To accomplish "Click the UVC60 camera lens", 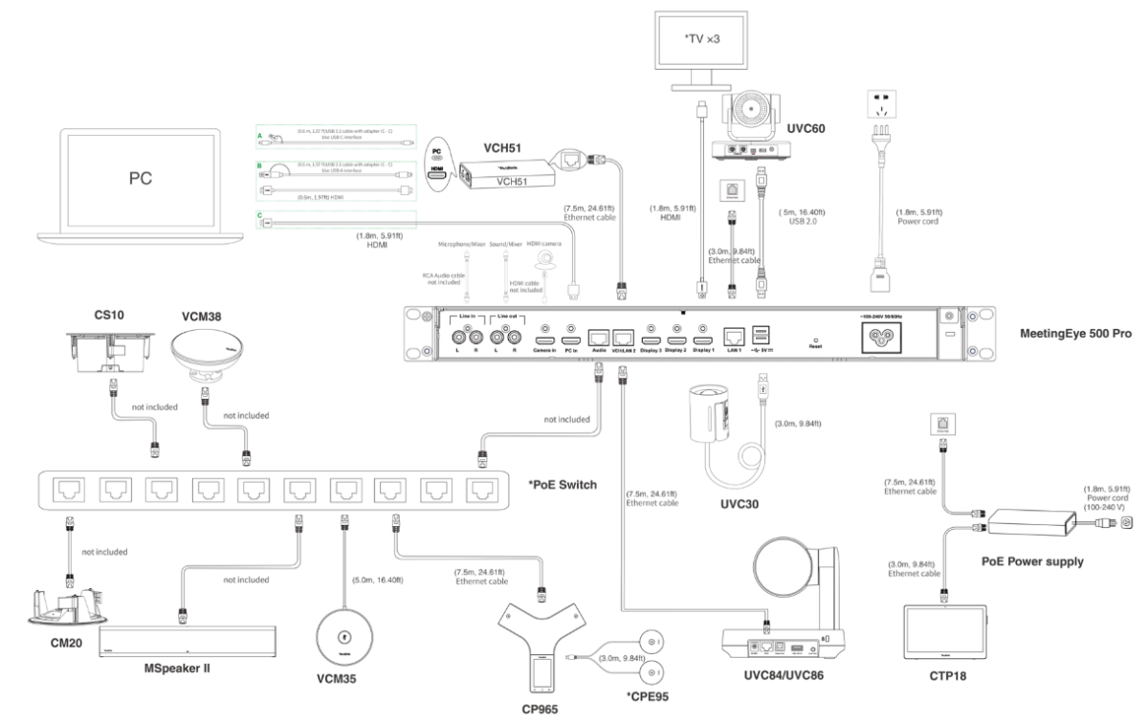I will [756, 113].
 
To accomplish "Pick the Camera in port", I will [545, 337].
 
